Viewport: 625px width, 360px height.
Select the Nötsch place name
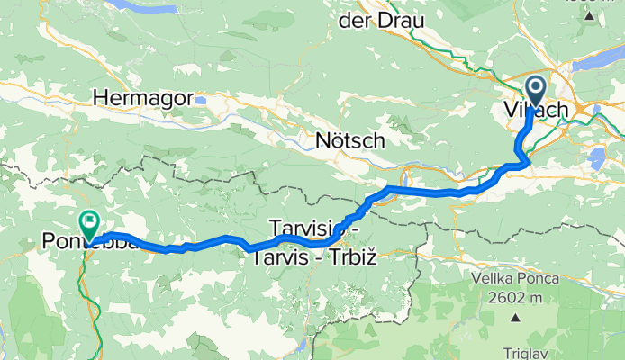coord(350,141)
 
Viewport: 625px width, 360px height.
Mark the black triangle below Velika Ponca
coord(517,318)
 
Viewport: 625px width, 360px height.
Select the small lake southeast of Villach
coord(594,159)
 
